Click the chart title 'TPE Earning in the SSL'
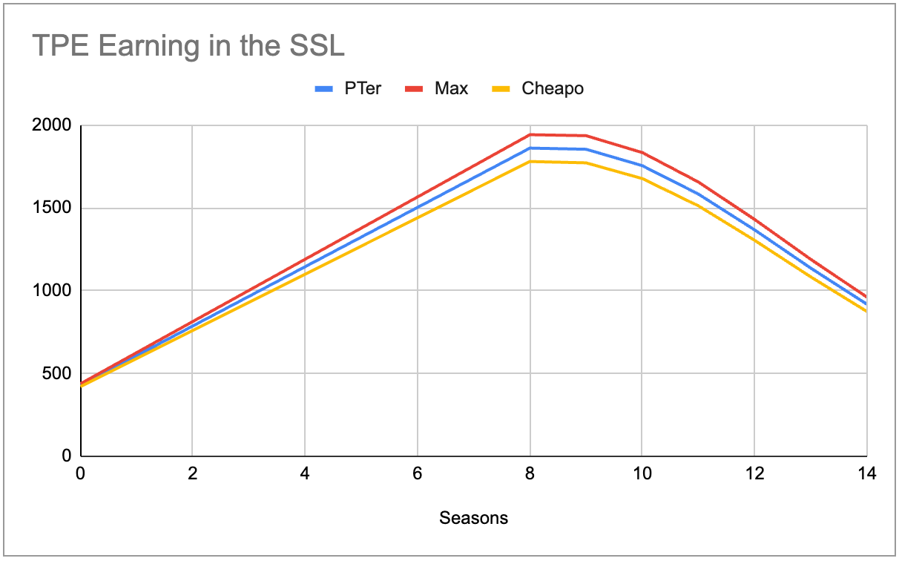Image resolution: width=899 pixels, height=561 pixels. coord(188,47)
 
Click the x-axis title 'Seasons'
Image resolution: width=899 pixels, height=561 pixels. coord(473,518)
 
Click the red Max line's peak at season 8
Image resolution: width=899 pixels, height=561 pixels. coord(530,134)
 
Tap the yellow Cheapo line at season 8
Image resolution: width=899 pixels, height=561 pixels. coord(530,161)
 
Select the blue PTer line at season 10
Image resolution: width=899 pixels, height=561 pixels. coord(642,165)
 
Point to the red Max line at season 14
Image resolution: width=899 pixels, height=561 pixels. coord(865,296)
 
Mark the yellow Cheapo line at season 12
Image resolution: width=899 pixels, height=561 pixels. coord(754,239)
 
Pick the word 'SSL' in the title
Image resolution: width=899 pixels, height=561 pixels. coord(317,47)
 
